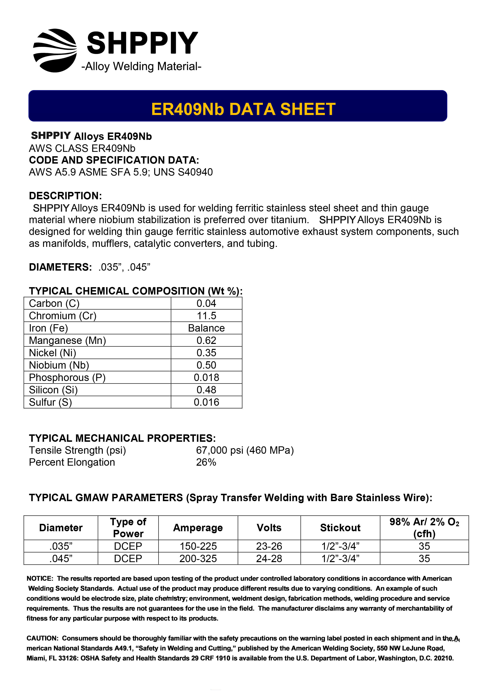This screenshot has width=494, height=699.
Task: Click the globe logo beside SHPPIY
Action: coord(55,51)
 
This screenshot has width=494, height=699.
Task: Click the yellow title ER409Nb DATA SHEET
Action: coord(243,109)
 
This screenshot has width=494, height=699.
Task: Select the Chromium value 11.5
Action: coord(206,316)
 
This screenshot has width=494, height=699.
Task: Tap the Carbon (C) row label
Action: coord(54,303)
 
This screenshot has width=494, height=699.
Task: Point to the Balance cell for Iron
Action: coord(206,328)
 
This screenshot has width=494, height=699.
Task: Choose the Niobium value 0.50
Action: coord(206,365)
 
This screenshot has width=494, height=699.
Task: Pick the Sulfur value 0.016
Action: coord(206,402)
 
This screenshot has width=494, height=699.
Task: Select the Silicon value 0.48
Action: coord(206,390)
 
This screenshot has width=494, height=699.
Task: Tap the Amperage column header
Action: coord(198,528)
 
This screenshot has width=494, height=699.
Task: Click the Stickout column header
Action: coord(340,528)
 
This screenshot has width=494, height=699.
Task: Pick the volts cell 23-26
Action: coord(269,546)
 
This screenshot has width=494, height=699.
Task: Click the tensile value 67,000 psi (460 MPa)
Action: coord(245,450)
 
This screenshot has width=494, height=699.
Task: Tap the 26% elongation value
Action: coord(206,462)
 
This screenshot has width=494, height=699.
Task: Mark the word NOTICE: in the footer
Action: coord(40,578)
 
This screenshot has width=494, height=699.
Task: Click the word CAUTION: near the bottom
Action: coord(42,638)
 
